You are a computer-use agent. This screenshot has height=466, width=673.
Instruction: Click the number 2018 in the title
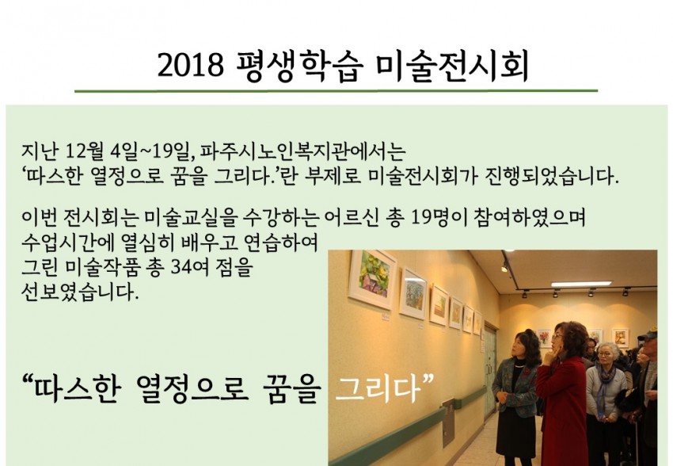pos(191,66)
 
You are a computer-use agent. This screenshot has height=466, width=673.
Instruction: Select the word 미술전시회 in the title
pos(452,66)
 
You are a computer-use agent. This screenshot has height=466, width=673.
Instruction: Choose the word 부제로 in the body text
pos(333,176)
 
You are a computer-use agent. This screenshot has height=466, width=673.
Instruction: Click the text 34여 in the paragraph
pos(190,268)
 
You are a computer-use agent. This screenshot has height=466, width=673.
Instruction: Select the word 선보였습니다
pos(80,292)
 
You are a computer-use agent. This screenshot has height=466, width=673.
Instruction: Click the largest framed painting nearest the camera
pos(372,279)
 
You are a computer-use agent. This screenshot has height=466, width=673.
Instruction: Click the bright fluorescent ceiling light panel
pos(581,285)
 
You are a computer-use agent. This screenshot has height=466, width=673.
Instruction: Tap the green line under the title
pos(336,90)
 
